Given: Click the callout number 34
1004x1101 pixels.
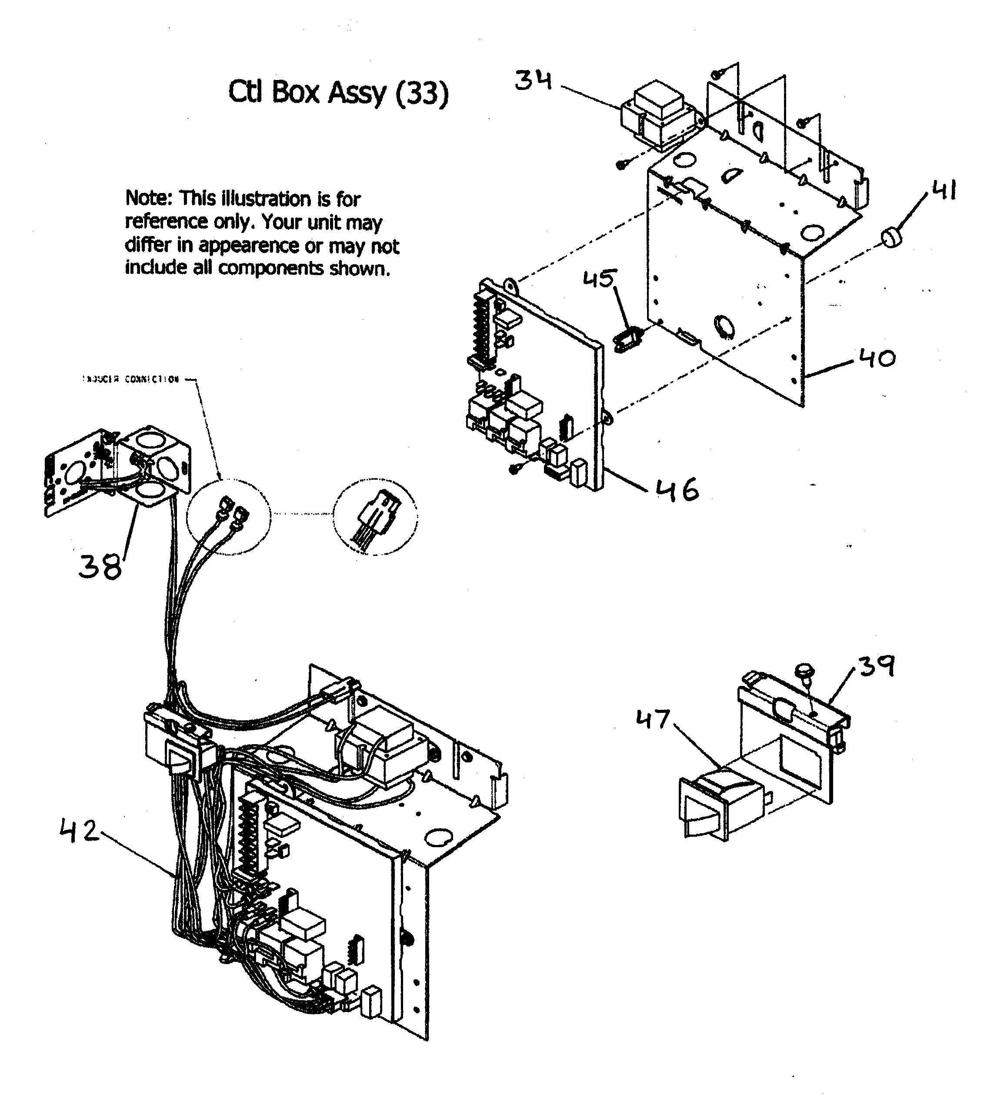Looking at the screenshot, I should (x=533, y=81).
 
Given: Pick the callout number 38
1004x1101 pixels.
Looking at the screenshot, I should (x=100, y=566).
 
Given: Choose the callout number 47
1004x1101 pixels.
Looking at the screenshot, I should (x=653, y=719).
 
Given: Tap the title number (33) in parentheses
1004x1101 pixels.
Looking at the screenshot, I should (x=421, y=93).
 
